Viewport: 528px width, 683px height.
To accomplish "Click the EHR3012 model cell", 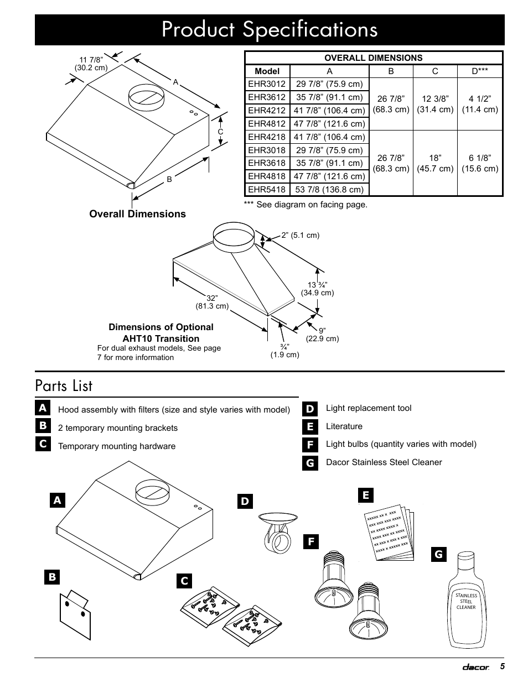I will (x=267, y=84).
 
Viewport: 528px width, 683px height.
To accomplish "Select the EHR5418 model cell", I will (x=267, y=190).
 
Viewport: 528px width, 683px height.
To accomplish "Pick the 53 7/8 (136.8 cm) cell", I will (x=329, y=190).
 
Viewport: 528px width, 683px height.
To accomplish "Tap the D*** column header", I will (x=479, y=71).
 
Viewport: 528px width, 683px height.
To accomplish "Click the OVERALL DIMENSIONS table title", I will (x=373, y=58).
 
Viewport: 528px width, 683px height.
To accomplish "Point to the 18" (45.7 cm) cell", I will (x=435, y=163).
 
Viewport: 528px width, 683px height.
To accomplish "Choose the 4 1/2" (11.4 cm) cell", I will (x=480, y=104).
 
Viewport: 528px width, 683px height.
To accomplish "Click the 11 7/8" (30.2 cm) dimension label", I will (x=91, y=64).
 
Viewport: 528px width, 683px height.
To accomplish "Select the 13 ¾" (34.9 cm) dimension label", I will (x=317, y=289).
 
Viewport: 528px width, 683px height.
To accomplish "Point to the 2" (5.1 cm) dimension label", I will (x=300, y=235).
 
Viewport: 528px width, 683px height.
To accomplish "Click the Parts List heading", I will (x=64, y=385).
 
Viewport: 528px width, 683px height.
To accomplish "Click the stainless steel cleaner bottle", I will (x=466, y=599).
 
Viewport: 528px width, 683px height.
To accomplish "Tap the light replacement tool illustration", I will (x=277, y=533).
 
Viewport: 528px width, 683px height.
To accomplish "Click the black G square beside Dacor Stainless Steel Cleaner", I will (x=310, y=463).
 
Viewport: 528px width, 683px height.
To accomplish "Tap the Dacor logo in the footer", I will (x=476, y=668).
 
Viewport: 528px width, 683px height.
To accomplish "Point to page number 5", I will (x=502, y=666).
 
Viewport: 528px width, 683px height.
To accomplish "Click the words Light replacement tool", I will (x=369, y=408).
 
